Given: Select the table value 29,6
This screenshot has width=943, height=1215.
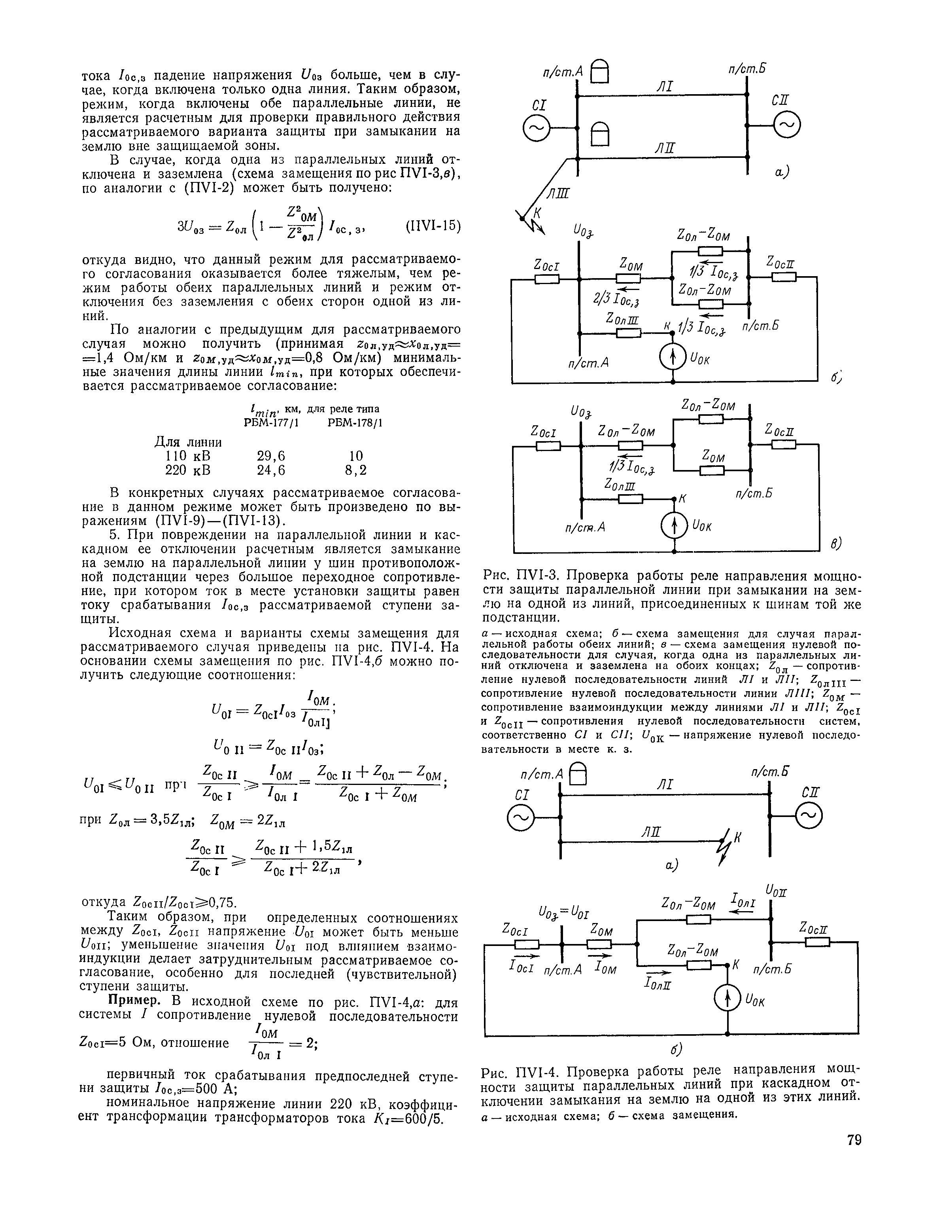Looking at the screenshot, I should tap(271, 456).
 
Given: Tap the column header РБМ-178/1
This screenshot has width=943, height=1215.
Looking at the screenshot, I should tap(355, 423).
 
